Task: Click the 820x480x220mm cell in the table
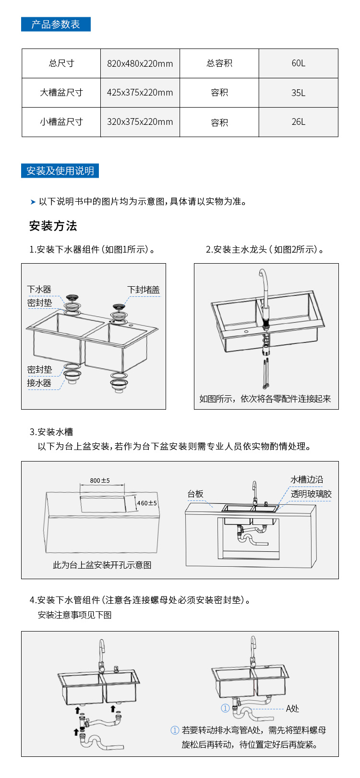click(140, 63)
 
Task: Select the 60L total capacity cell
click(298, 63)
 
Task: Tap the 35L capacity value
click(298, 93)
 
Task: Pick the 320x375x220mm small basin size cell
click(140, 122)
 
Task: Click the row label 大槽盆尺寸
click(61, 93)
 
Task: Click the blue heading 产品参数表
click(56, 24)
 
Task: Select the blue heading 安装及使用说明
click(60, 171)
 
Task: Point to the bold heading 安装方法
click(53, 226)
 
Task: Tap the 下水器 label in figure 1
click(39, 289)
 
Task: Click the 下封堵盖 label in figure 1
click(143, 290)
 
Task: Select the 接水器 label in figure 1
click(39, 383)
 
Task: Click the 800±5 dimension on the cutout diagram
click(100, 480)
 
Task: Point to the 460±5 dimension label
click(147, 503)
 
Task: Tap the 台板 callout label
click(195, 494)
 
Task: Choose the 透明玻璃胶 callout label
click(311, 494)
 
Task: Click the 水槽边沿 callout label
click(307, 479)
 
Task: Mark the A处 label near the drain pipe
click(292, 708)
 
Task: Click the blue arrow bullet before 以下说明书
click(33, 202)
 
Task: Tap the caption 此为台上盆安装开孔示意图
click(102, 565)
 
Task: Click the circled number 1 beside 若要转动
click(175, 730)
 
